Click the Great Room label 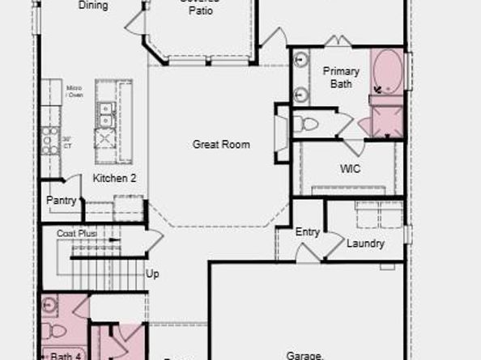point(220,145)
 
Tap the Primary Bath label point(341,77)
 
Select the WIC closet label point(350,169)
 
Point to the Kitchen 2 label point(114,178)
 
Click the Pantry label point(62,200)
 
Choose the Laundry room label point(365,244)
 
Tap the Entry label point(307,232)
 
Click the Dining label point(92,5)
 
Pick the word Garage point(305,354)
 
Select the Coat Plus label point(76,233)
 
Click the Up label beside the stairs point(152,274)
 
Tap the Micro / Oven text point(74,91)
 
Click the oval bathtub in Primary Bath point(386,71)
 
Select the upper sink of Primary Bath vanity point(301,59)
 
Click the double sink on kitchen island point(104,115)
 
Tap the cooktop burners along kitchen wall point(50,139)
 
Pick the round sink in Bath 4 point(50,305)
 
